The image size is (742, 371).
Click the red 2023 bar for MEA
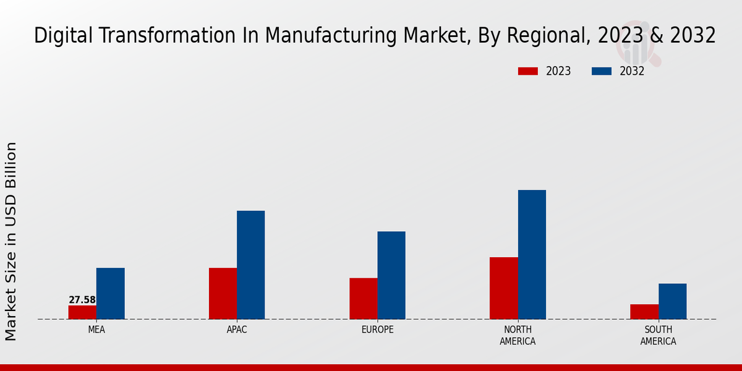click(x=82, y=312)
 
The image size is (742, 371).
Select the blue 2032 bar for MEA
click(x=110, y=294)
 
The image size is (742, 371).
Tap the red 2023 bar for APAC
click(x=223, y=294)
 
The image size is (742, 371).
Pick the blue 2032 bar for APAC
click(x=250, y=265)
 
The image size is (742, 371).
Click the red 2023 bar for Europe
click(x=363, y=299)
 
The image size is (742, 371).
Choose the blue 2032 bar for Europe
click(x=391, y=275)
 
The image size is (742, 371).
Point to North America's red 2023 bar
click(x=503, y=288)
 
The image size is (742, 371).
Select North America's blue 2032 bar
click(x=532, y=255)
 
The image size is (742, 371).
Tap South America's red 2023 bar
click(x=644, y=312)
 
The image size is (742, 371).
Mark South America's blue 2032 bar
click(x=672, y=302)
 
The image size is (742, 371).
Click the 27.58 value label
click(x=82, y=300)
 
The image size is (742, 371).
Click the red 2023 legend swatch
click(x=527, y=71)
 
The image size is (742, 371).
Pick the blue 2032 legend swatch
click(x=601, y=71)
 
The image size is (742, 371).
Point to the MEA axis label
click(x=96, y=330)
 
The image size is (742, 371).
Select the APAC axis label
click(x=237, y=330)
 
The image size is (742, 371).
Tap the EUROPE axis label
click(x=377, y=330)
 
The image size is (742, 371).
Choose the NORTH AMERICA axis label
click(x=518, y=336)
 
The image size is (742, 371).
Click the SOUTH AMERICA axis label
click(x=658, y=336)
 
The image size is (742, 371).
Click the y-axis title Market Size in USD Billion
click(x=11, y=241)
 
